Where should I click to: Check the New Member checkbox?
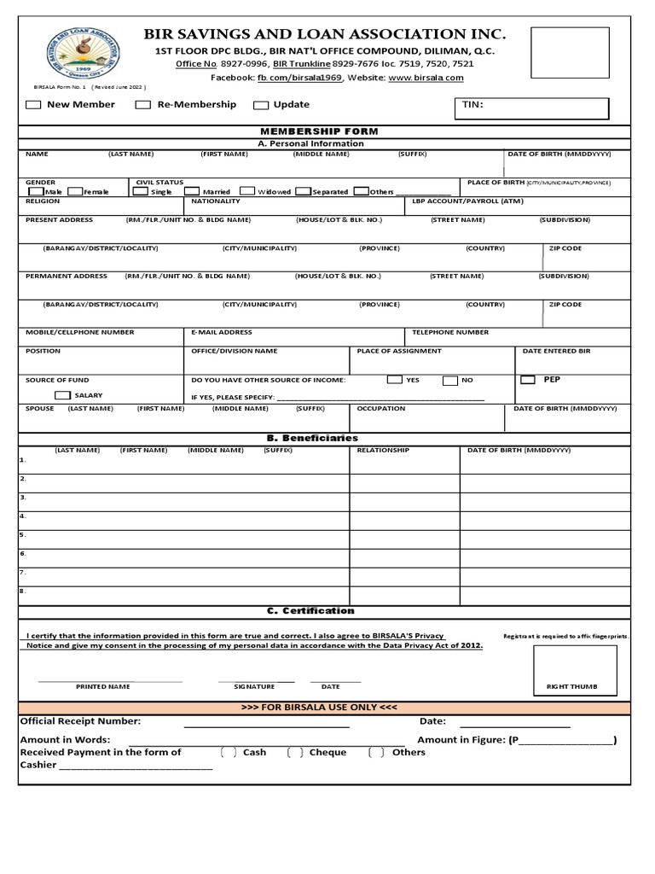[x=33, y=105]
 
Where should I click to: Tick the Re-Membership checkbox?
[x=143, y=105]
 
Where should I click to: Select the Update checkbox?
[x=261, y=105]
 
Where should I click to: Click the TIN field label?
[x=472, y=104]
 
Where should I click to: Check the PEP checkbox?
[x=528, y=379]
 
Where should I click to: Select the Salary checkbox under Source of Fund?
[x=62, y=395]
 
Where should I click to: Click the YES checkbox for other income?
[x=394, y=380]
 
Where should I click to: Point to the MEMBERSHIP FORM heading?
[x=324, y=131]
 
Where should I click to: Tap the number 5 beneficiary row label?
[x=23, y=535]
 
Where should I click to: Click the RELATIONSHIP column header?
[x=383, y=450]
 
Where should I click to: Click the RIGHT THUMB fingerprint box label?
[x=571, y=686]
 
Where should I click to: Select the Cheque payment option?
[x=295, y=753]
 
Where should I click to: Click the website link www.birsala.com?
[x=426, y=78]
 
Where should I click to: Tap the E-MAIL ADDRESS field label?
[x=221, y=332]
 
